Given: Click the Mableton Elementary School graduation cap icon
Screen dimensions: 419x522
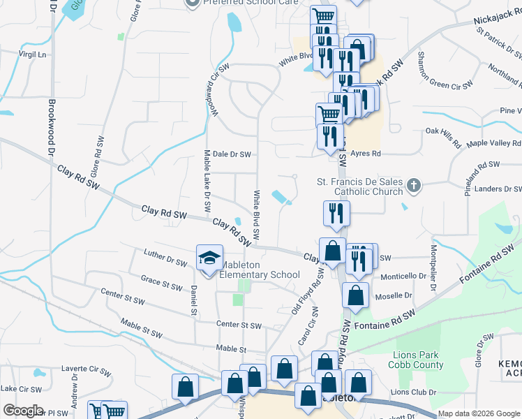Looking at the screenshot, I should (x=209, y=258).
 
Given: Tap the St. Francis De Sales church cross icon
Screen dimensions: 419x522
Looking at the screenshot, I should (x=414, y=186).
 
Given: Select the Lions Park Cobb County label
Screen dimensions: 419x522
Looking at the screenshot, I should (x=418, y=360).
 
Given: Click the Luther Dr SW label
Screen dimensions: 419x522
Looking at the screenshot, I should (x=165, y=258).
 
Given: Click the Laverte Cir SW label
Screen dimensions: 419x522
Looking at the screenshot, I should (x=86, y=369).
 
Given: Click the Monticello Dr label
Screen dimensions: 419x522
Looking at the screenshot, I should (x=401, y=277).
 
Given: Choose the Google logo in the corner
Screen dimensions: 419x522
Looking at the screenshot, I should (x=23, y=411).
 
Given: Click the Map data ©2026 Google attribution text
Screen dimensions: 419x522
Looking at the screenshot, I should (x=478, y=413).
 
